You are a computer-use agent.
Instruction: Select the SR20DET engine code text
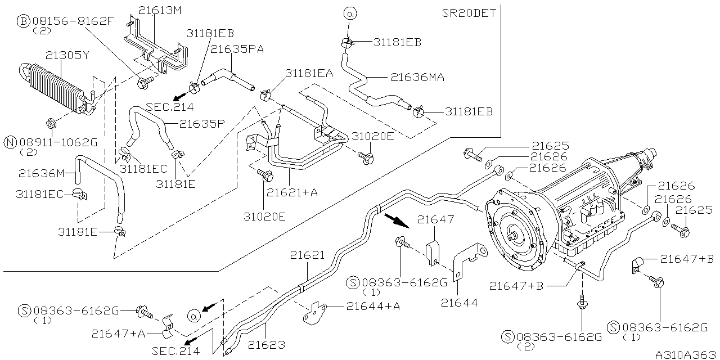tap(469, 13)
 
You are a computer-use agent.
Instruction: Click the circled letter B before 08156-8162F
tap(23, 21)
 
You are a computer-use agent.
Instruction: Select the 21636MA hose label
tap(417, 78)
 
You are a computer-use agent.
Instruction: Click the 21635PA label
tap(237, 49)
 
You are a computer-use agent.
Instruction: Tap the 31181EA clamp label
tap(309, 73)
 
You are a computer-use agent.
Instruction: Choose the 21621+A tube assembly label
tap(292, 192)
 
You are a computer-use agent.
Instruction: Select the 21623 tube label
tap(267, 345)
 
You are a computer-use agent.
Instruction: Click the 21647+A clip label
tap(118, 334)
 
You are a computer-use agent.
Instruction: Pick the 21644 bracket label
tap(459, 303)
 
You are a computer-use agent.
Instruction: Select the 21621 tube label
tap(308, 255)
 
